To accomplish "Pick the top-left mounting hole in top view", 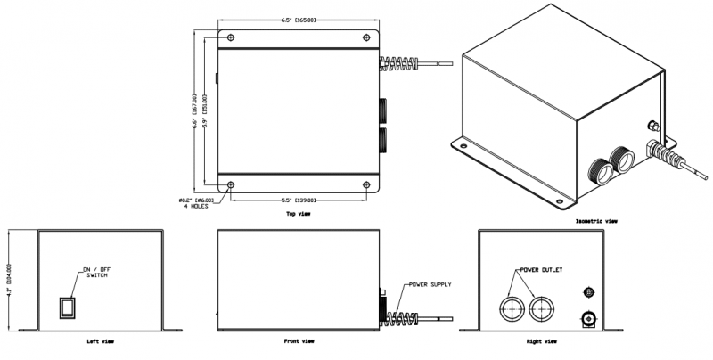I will click(232, 37).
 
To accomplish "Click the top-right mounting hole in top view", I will click(367, 37).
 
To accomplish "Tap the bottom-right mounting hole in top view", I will click(367, 184).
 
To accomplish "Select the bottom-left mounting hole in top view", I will click(232, 184).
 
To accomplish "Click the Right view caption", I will click(542, 341).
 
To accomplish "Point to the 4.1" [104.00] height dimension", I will click(8, 279).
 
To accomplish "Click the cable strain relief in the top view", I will click(400, 63).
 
